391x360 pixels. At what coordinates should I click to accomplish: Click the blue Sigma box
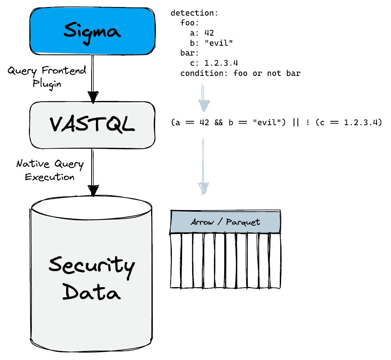92,31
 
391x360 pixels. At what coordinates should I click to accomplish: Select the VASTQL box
92,124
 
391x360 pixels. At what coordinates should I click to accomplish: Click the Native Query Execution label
50,170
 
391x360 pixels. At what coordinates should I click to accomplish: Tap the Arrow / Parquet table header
226,222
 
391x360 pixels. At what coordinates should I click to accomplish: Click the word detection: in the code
194,13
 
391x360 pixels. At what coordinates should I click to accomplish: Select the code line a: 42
201,33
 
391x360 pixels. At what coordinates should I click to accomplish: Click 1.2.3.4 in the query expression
360,123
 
